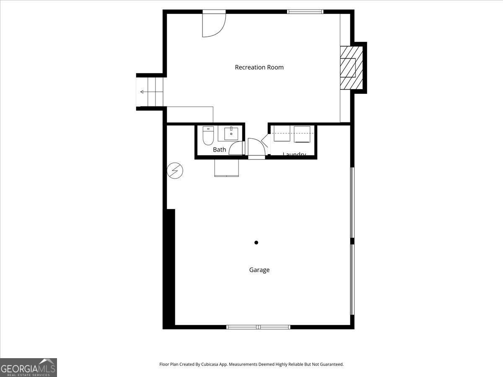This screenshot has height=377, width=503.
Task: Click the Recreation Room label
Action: click(x=259, y=67)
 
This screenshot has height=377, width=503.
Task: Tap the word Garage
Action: click(x=259, y=270)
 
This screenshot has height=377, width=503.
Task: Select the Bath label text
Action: click(x=219, y=150)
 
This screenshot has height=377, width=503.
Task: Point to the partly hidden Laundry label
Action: click(x=294, y=155)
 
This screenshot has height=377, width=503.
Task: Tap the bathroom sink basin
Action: click(x=231, y=134)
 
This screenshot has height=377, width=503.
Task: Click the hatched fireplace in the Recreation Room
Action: click(x=350, y=67)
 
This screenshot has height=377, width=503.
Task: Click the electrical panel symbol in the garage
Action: click(x=175, y=171)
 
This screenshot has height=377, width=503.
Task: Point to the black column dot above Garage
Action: click(x=256, y=243)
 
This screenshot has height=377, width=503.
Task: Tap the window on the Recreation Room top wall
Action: click(x=305, y=12)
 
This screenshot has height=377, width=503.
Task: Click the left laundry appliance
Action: click(x=282, y=134)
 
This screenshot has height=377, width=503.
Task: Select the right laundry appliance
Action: click(x=302, y=134)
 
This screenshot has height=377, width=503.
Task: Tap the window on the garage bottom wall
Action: click(x=258, y=327)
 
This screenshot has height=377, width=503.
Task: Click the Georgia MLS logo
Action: click(x=28, y=367)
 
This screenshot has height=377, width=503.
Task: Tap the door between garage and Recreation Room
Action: click(x=256, y=147)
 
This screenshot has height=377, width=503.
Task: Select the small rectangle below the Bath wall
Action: click(x=226, y=168)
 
